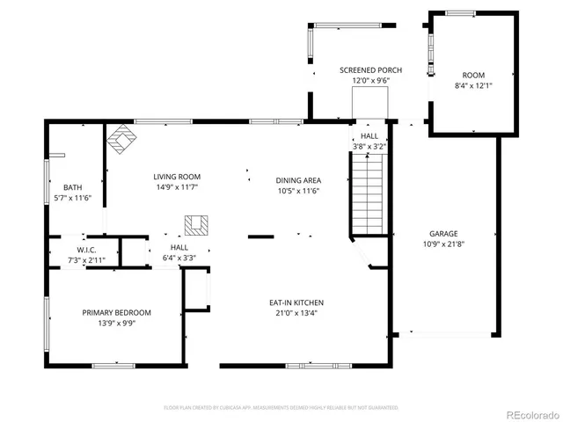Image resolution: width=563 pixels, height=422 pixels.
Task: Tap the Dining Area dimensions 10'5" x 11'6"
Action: [x=297, y=191]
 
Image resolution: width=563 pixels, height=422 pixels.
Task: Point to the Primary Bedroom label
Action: [x=117, y=312]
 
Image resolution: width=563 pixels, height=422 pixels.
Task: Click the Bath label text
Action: [x=72, y=187]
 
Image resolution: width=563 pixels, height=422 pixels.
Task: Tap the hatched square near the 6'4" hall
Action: [x=198, y=225]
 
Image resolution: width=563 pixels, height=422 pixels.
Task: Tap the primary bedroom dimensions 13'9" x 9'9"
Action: [x=116, y=323]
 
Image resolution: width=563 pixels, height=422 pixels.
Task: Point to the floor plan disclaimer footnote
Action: [x=281, y=408]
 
